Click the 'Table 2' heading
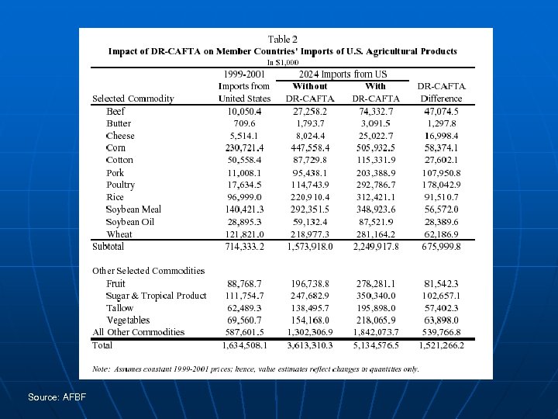tap(283, 40)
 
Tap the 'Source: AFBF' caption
tap(57, 397)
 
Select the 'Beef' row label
tap(115, 111)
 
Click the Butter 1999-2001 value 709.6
tap(244, 123)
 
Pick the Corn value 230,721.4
tap(244, 148)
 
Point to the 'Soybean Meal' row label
tap(134, 209)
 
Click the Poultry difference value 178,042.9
tap(442, 185)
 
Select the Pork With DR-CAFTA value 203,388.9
tap(375, 172)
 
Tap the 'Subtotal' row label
tap(108, 247)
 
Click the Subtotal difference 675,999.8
tap(442, 247)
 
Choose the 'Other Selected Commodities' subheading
tap(149, 271)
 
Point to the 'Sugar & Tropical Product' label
tap(157, 296)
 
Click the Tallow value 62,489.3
tap(244, 308)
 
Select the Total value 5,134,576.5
tap(375, 345)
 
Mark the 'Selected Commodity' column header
tap(133, 99)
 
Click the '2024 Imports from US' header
tap(343, 74)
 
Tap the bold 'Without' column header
tap(310, 86)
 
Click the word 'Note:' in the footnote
tap(101, 369)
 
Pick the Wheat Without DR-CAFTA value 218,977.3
tap(310, 234)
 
